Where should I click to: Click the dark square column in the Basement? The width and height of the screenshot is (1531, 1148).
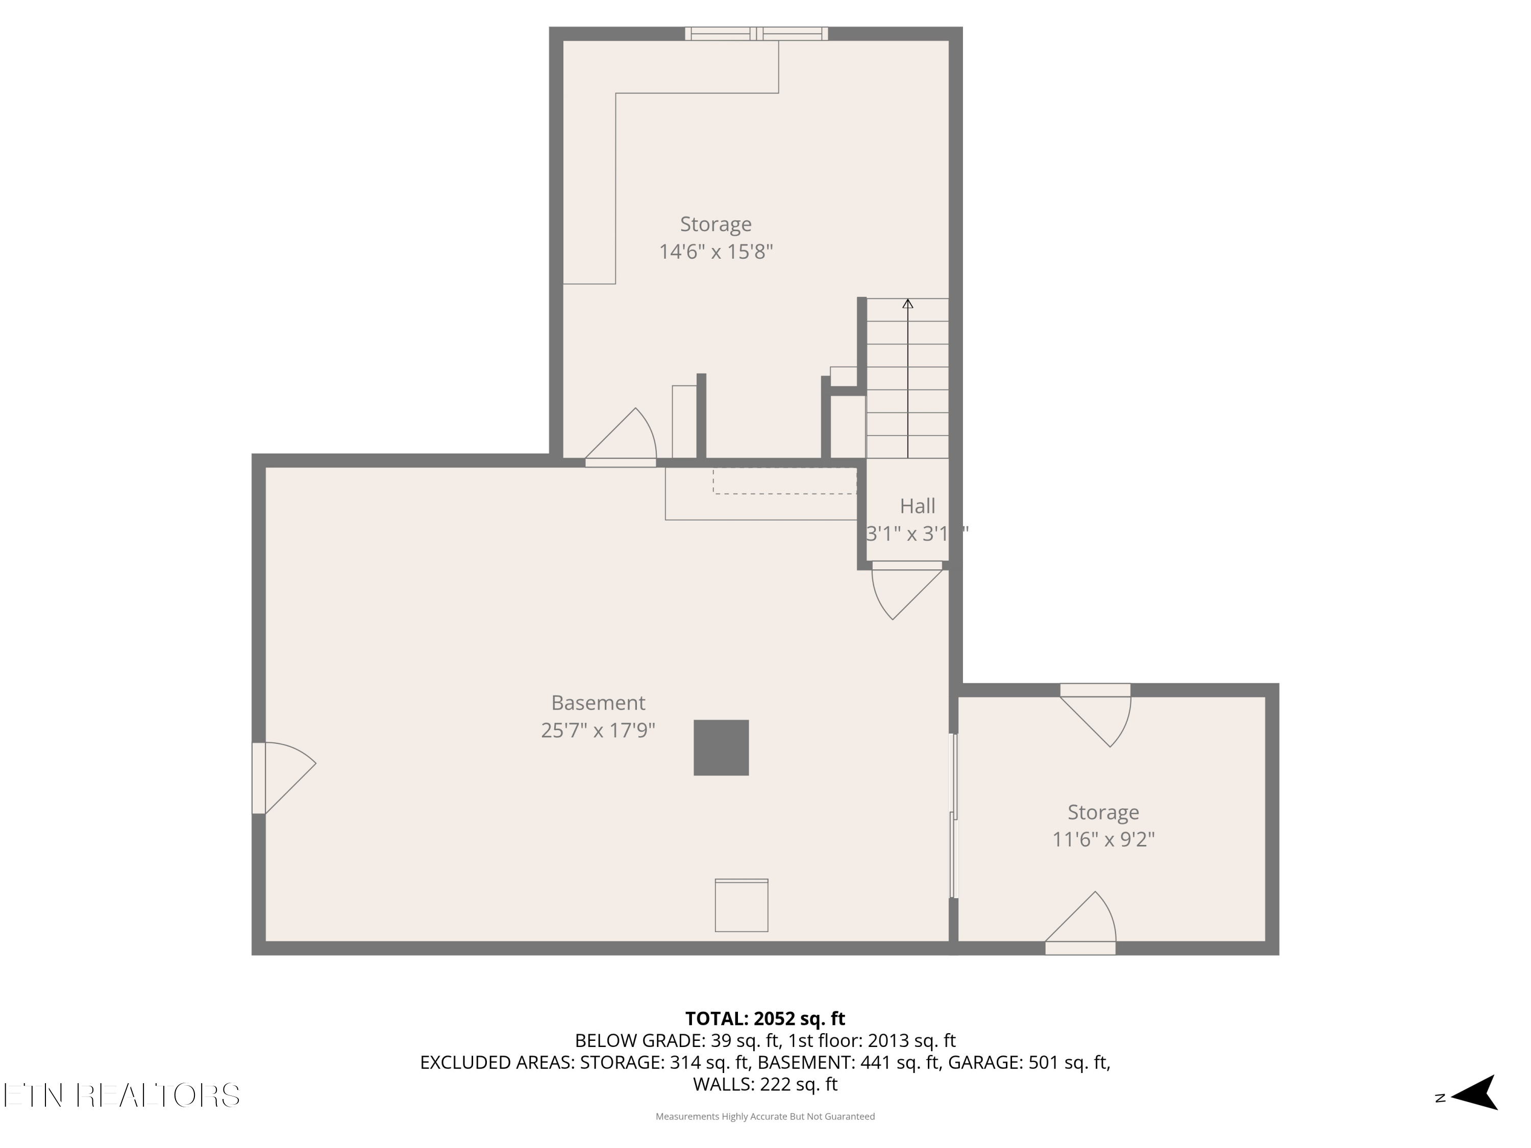(721, 747)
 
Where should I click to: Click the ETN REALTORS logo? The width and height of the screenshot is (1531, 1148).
(122, 1095)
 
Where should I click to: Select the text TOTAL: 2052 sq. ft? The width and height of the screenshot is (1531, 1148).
(765, 1018)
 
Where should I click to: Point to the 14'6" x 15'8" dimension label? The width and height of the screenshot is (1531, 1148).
(715, 251)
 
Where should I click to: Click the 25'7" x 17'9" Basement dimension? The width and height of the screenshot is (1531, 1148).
(598, 730)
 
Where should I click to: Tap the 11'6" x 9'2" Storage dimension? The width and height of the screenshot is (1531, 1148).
(1103, 839)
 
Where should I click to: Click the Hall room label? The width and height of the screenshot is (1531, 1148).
(918, 506)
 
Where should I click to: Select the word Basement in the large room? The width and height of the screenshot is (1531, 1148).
(598, 703)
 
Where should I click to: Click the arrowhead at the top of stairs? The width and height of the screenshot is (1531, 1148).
(907, 303)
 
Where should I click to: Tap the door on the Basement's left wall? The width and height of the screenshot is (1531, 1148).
(284, 778)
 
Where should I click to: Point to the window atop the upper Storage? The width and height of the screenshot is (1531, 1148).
(756, 33)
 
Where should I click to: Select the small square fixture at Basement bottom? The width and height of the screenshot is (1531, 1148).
(742, 905)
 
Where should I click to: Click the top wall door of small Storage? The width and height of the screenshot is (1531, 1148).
(1096, 715)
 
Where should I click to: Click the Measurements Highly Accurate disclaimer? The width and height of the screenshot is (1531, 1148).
(765, 1116)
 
